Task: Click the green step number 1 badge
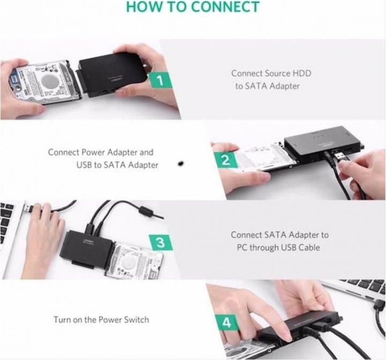pyautogui.click(x=164, y=82)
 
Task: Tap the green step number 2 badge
pyautogui.click(x=226, y=160)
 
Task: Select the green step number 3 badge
pyautogui.click(x=161, y=242)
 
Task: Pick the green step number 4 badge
pyautogui.click(x=225, y=322)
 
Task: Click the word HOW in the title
pyautogui.click(x=148, y=7)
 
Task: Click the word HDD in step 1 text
pyautogui.click(x=302, y=73)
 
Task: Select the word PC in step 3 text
pyautogui.click(x=242, y=247)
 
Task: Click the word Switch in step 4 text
pyautogui.click(x=136, y=320)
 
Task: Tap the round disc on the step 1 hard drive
pyautogui.click(x=49, y=82)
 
